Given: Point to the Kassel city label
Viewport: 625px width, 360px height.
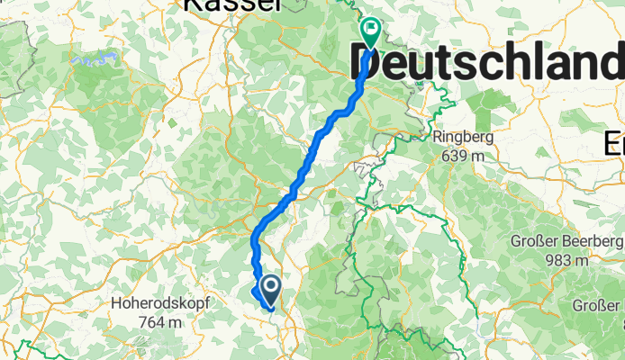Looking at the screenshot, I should (232, 5).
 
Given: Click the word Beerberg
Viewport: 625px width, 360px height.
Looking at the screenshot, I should (591, 241).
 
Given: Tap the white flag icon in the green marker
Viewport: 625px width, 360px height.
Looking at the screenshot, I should (371, 29).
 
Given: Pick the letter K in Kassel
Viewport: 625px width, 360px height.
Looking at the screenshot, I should (191, 5).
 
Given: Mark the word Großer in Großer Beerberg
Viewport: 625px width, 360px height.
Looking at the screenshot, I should (535, 241).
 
